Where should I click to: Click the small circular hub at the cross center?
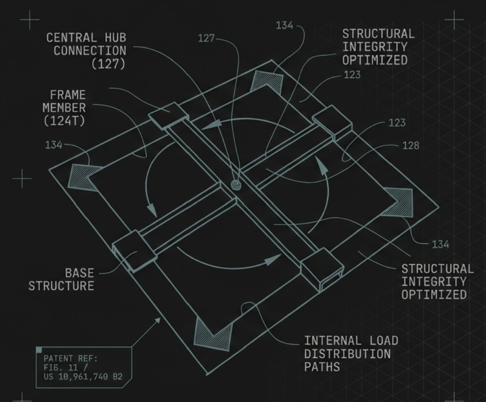(x=236, y=185)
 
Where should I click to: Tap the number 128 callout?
(x=411, y=146)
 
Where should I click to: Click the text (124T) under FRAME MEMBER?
(x=64, y=121)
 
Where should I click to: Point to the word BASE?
(x=80, y=273)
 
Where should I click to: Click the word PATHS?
(x=322, y=367)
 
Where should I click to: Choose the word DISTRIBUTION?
(x=347, y=354)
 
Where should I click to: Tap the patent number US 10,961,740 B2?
(x=83, y=376)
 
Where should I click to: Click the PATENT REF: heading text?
(x=71, y=358)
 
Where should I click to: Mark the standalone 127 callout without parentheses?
(x=206, y=38)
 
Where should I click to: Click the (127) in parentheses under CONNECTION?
(x=108, y=64)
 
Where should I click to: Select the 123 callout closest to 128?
(x=397, y=123)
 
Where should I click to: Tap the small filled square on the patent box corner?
(x=39, y=350)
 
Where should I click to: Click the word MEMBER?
(x=64, y=108)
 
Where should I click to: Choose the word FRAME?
(x=67, y=95)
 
